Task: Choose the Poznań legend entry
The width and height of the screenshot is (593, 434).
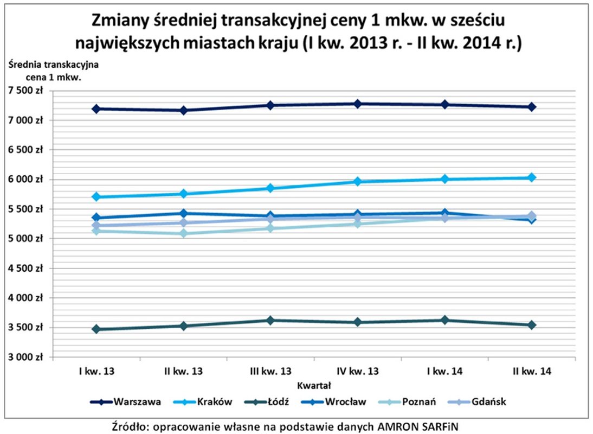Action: pos(416,402)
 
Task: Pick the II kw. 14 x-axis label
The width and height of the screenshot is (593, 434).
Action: pos(532,372)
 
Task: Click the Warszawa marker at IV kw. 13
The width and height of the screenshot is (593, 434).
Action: pos(357,104)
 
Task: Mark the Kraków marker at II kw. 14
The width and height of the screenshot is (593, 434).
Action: pos(532,177)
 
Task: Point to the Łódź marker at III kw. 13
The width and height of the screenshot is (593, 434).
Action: pos(270,321)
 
